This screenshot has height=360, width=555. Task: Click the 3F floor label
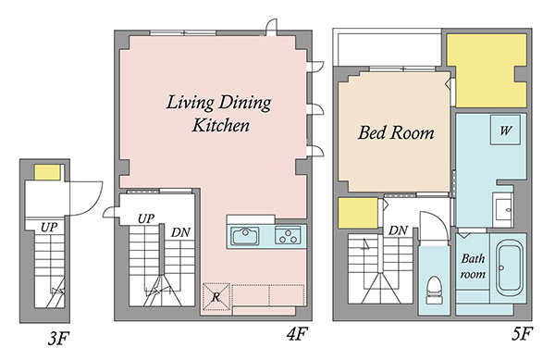[57, 338]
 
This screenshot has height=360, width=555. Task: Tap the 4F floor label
[297, 333]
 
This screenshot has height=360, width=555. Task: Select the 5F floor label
[522, 333]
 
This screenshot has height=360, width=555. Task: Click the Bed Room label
[396, 132]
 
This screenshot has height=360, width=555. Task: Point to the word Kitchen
[221, 125]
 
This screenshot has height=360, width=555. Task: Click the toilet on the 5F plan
[434, 290]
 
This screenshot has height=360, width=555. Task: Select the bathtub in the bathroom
[509, 268]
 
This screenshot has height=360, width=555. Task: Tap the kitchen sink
[245, 236]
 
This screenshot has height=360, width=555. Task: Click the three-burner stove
[288, 235]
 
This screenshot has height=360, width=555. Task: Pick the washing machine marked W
[505, 130]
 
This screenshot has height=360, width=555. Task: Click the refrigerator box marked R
[216, 297]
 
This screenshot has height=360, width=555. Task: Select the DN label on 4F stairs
[180, 232]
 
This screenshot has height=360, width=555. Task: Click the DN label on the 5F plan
[398, 230]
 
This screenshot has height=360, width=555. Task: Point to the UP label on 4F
[146, 218]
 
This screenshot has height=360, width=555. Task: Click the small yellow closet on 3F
[47, 172]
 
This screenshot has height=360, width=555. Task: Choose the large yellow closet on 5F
[487, 70]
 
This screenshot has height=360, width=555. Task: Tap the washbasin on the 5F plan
[503, 210]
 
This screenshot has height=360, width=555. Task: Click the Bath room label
[473, 267]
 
